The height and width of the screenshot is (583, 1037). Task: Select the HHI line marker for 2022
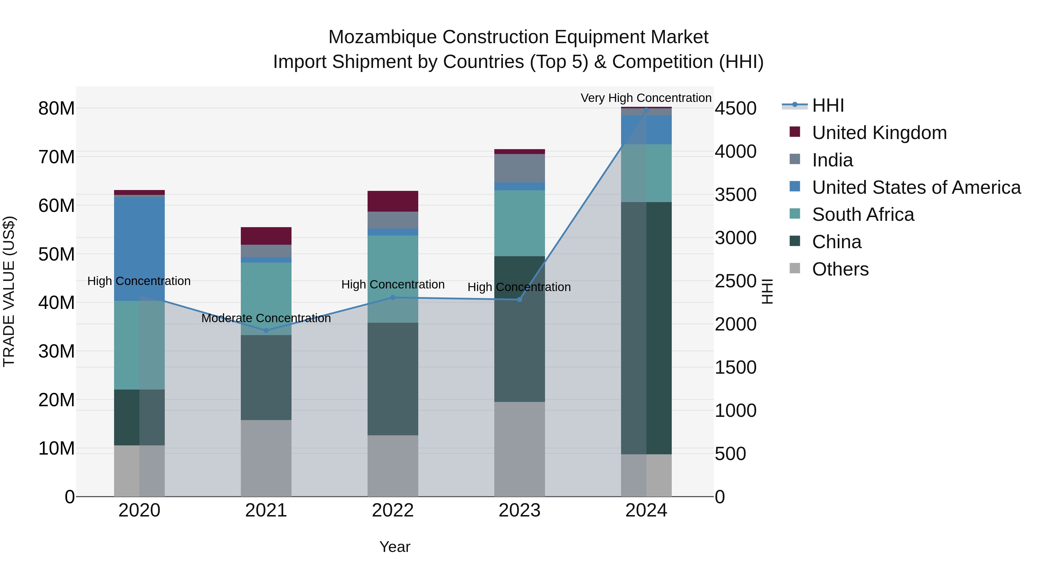point(393,298)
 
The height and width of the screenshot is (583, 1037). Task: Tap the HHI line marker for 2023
point(519,299)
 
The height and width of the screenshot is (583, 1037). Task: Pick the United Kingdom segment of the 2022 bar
point(393,201)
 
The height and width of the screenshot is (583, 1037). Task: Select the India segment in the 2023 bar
point(519,168)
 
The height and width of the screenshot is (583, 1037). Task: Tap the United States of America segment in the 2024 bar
point(646,130)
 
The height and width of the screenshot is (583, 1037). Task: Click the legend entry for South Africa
point(863,214)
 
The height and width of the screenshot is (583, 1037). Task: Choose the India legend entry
point(832,160)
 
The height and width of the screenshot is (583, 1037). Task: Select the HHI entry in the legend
point(828,105)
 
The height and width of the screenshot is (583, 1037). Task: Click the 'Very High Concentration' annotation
point(646,98)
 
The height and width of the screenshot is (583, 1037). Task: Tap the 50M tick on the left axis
point(56,254)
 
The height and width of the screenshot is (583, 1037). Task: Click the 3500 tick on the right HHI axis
point(735,195)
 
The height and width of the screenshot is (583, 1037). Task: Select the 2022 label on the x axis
point(393,510)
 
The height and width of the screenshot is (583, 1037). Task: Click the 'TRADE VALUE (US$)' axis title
point(9,291)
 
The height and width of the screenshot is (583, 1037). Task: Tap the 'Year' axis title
point(395,547)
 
